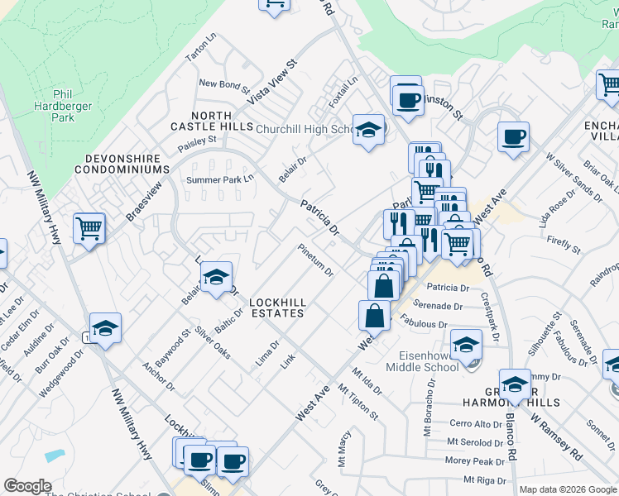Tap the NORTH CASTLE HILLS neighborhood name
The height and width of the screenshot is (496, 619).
point(211,121)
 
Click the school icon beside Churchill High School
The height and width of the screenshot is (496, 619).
point(368,129)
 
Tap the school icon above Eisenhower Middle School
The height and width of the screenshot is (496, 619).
point(466,343)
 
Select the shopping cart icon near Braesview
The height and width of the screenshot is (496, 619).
point(89,227)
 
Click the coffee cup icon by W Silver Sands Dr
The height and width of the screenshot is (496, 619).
point(513,136)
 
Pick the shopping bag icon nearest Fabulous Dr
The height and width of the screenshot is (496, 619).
point(374,315)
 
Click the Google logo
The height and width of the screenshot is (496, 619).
point(27,486)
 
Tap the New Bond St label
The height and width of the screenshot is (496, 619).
point(223,84)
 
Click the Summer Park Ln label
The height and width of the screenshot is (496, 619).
point(219,179)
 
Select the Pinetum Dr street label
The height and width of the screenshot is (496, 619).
point(316,260)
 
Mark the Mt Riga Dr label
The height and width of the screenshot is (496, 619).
point(484,479)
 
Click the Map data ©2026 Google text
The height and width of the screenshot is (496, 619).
point(568,489)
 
